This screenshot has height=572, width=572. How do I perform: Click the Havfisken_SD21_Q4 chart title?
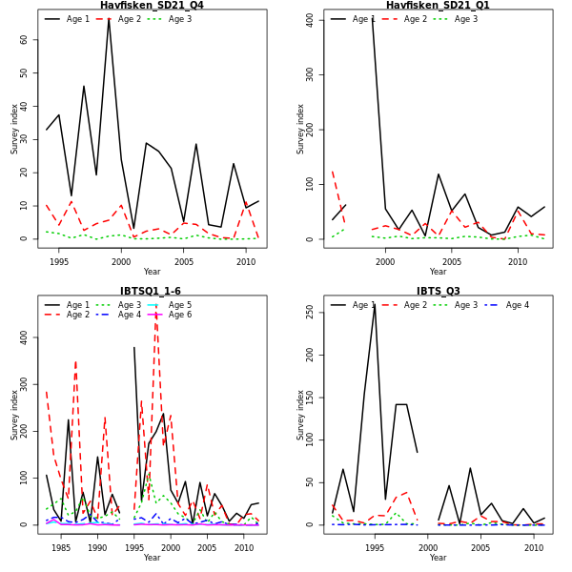point(152,6)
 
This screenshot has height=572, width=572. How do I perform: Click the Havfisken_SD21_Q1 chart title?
point(438,6)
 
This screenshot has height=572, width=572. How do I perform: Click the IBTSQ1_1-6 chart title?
point(152,292)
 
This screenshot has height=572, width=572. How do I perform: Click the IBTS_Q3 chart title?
point(438,292)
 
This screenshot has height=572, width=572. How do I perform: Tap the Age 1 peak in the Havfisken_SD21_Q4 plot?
point(109,19)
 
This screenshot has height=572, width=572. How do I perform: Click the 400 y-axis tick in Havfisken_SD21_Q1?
point(312,19)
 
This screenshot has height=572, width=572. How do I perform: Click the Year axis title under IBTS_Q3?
point(438,559)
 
